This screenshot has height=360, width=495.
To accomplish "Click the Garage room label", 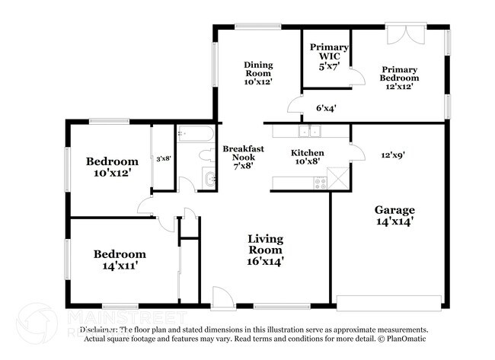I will click(x=394, y=216).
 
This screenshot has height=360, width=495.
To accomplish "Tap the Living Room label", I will click(x=265, y=250).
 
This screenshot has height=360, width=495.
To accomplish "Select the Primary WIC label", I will click(x=328, y=56).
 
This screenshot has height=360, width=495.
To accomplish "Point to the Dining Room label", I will click(x=258, y=72).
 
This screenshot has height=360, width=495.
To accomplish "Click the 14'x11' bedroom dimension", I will click(x=120, y=266).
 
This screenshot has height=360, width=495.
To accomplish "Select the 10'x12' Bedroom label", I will click(x=112, y=167).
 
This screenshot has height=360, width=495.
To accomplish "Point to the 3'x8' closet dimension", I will click(x=163, y=159).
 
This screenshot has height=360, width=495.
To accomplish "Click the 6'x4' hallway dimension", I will click(x=325, y=108).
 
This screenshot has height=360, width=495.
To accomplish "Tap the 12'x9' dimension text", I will click(x=392, y=155).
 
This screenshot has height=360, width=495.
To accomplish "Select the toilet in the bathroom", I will click(x=205, y=155).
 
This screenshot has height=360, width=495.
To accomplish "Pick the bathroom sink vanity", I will click(x=209, y=179).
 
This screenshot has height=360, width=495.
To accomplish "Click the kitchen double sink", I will click(x=309, y=132).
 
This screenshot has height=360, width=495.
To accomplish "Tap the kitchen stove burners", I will click(x=320, y=182).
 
